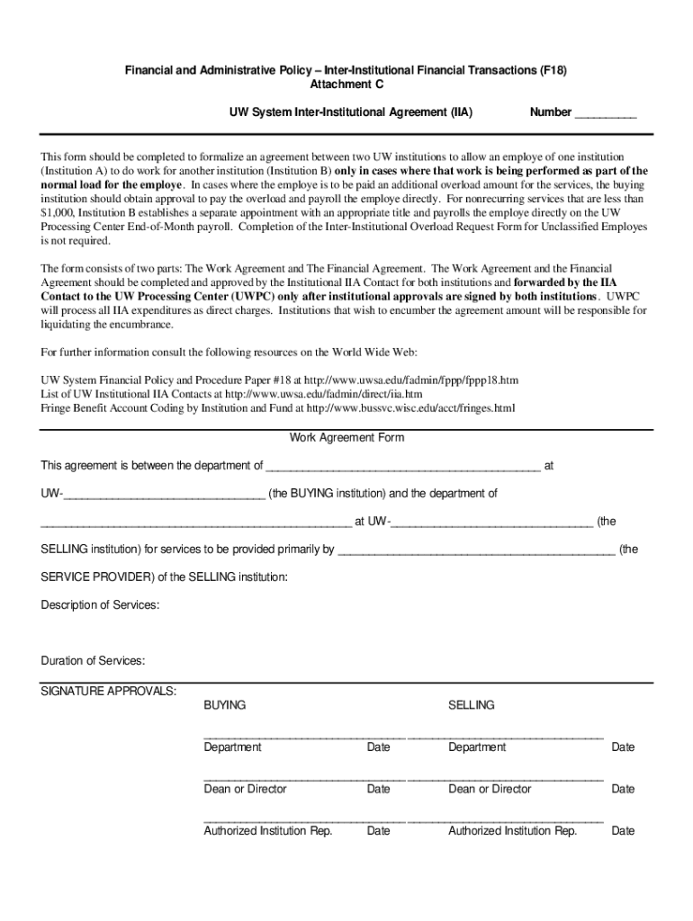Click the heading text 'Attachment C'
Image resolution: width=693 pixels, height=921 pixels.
[346, 85]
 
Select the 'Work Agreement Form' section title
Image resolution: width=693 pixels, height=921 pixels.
[346, 438]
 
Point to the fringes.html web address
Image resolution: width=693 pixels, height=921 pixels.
[410, 407]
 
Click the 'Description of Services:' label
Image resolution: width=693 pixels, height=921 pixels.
[101, 605]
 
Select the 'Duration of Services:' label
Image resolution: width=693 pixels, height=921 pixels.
[93, 661]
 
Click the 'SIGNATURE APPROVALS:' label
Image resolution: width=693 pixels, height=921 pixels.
[109, 691]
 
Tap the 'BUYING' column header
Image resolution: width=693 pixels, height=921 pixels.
[225, 705]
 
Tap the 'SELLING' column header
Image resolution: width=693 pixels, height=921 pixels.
[472, 705]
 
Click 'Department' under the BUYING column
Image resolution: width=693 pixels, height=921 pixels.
[232, 747]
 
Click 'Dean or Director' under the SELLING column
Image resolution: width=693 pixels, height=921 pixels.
[490, 789]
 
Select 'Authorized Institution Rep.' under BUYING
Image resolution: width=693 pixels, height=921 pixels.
[268, 831]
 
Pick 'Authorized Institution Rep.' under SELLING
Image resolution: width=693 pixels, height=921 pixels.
[513, 831]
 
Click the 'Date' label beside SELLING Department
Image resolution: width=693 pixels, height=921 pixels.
[623, 747]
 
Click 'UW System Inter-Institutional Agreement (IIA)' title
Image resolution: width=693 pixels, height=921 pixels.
[351, 112]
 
